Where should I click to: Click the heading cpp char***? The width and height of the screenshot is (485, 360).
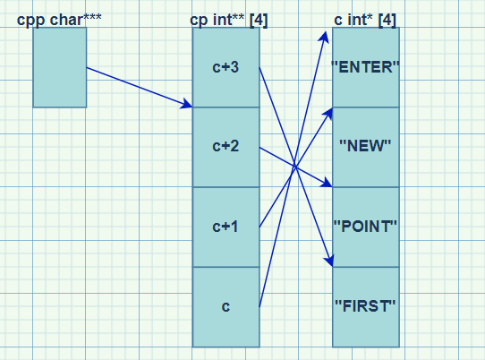pyautogui.click(x=59, y=20)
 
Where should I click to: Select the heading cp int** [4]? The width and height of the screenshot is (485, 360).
pyautogui.click(x=228, y=20)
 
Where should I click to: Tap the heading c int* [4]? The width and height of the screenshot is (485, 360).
pyautogui.click(x=365, y=20)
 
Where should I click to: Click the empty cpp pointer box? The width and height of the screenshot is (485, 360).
pyautogui.click(x=60, y=67)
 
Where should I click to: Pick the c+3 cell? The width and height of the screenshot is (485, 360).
pyautogui.click(x=225, y=67)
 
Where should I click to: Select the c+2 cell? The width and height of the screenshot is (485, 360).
pyautogui.click(x=225, y=147)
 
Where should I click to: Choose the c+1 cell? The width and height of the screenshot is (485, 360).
pyautogui.click(x=225, y=227)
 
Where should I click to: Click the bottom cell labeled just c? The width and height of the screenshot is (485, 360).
pyautogui.click(x=225, y=307)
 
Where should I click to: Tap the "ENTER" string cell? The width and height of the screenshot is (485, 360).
pyautogui.click(x=366, y=67)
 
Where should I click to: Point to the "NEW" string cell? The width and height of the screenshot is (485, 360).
pyautogui.click(x=366, y=147)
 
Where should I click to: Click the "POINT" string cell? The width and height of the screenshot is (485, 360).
pyautogui.click(x=366, y=227)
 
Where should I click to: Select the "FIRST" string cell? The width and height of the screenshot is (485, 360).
pyautogui.click(x=366, y=307)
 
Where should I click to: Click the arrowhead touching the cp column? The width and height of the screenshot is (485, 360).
pyautogui.click(x=186, y=104)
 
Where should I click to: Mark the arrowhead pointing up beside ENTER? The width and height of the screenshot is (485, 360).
pyautogui.click(x=324, y=37)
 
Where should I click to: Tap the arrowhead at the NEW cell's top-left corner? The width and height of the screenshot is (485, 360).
pyautogui.click(x=328, y=114)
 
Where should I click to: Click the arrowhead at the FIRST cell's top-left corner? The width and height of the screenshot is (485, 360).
pyautogui.click(x=329, y=260)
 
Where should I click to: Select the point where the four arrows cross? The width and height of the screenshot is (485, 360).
pyautogui.click(x=294, y=167)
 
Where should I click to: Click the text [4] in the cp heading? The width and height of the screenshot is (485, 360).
pyautogui.click(x=259, y=21)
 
